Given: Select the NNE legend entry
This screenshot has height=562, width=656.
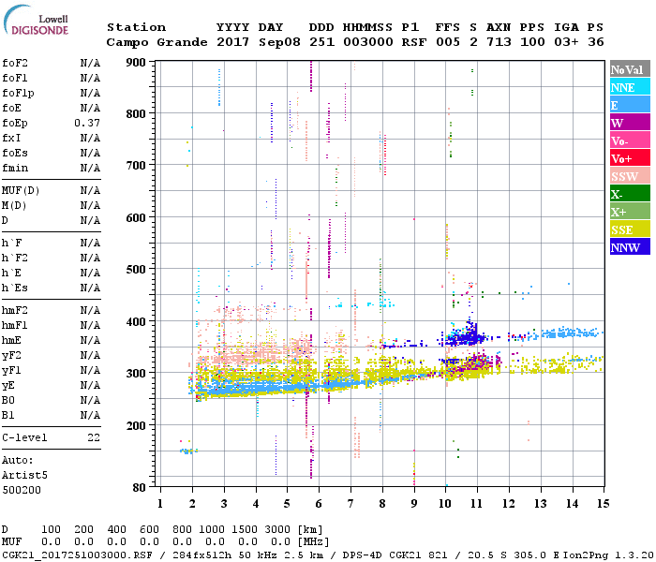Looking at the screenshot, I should pos(630,87).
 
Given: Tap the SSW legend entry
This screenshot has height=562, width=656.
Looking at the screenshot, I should pos(630,176).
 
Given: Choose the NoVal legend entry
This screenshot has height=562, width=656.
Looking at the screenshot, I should pos(630,69).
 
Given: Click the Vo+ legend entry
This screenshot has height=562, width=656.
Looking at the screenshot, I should pos(630,158).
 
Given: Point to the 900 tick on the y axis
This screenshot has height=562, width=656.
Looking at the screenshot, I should pos(137,63).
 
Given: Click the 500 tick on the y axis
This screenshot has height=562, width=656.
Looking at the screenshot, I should pos(137,270).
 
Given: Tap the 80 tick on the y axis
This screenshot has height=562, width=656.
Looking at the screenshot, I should pos(140,487).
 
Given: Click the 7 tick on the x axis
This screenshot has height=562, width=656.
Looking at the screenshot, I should pos(350,503).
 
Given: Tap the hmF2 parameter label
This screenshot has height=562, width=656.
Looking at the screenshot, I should pos(16,310).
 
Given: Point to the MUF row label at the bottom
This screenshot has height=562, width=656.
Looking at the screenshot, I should pos(11,541).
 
